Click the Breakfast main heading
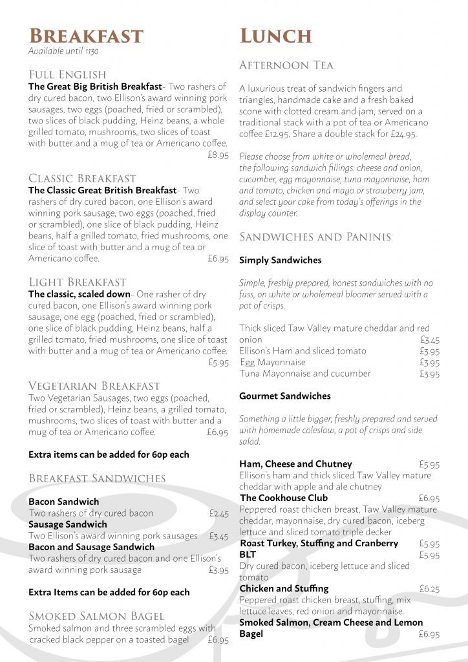point(86,36)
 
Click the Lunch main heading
point(276,36)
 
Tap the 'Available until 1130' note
point(63,51)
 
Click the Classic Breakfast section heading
point(82,178)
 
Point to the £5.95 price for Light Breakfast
point(218,363)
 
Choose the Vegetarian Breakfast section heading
point(94,386)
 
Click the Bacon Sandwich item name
point(64,502)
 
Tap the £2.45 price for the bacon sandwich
point(219,513)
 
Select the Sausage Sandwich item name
point(68,524)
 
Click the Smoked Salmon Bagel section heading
point(96,615)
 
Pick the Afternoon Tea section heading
point(286,65)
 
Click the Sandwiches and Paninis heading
point(315,237)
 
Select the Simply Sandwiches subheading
point(281,261)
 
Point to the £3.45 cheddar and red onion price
point(430,339)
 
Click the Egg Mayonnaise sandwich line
point(273,362)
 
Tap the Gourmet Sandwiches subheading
point(285,396)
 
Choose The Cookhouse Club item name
point(284,498)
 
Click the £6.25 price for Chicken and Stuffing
point(429,588)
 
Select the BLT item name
point(248,555)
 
